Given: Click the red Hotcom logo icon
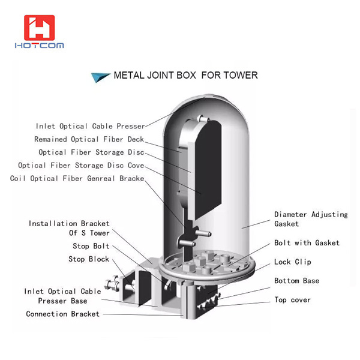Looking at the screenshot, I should (39, 28).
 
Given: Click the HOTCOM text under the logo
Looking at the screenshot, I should (40, 46).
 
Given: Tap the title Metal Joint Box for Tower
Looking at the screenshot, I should (185, 76).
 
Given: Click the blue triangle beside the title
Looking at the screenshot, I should (99, 76).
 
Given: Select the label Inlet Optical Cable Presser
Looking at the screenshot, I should (90, 127).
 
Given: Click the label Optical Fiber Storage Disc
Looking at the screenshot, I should (90, 152).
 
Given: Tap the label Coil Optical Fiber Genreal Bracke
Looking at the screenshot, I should (77, 179).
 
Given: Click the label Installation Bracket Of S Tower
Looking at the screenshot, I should (69, 228).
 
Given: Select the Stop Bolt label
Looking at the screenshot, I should (91, 247).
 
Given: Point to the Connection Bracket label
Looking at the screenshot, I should (63, 314).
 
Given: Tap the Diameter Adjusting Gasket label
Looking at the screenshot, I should (311, 219).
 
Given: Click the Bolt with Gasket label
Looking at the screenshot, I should (307, 243).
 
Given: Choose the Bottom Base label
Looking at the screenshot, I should (296, 281).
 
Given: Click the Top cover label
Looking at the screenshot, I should (293, 299).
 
